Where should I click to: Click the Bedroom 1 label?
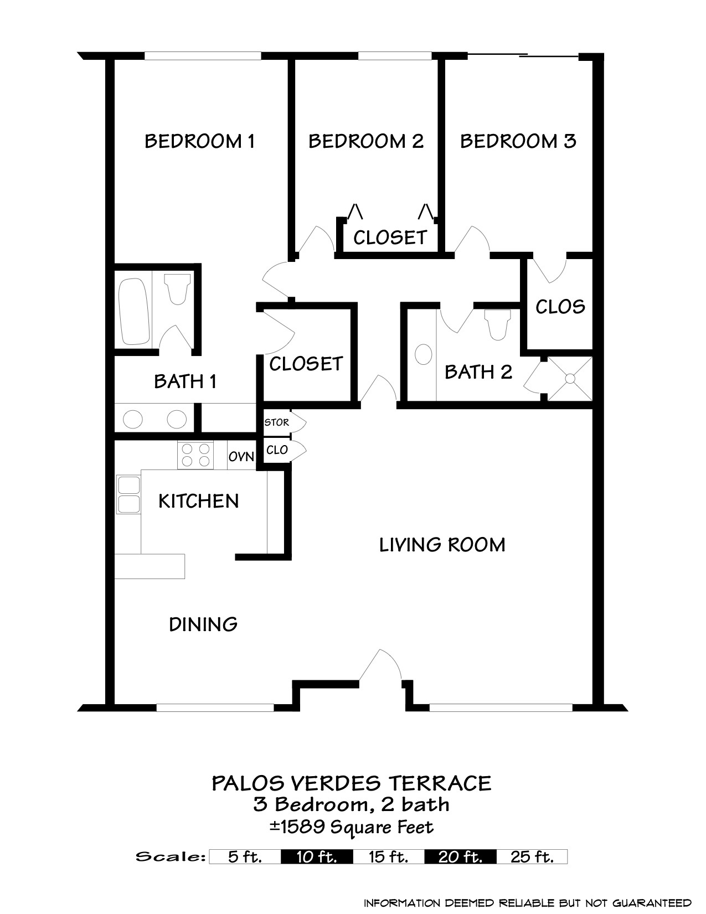coord(199,141)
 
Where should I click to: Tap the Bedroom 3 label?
coord(518,141)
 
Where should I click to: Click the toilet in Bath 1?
coord(177,290)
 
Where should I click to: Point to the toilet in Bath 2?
coord(497,324)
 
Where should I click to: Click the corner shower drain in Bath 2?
coord(570,378)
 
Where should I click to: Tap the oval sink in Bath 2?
coord(424,354)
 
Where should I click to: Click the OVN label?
coord(241,457)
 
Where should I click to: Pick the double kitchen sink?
coord(128,494)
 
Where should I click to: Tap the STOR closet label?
coord(276,422)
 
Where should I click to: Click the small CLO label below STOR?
coord(277,450)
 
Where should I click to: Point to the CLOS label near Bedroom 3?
coord(560,307)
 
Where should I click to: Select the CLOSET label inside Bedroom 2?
coord(390,237)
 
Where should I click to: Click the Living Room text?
coord(442,545)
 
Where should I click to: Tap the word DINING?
coord(203,624)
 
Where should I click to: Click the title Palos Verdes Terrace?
coord(352,783)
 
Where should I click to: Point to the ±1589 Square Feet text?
coord(352,827)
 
